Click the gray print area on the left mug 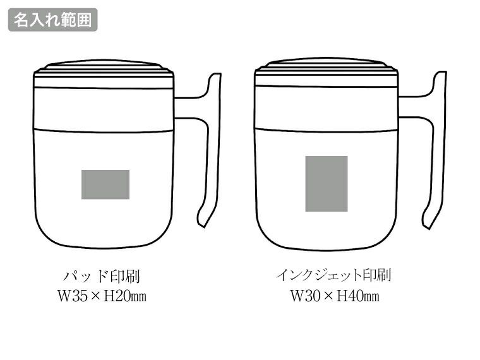click(105, 184)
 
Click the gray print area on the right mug click(327, 183)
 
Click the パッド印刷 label click(105, 276)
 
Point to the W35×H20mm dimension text click(105, 296)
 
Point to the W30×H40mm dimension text click(334, 295)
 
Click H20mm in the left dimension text click(127, 296)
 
